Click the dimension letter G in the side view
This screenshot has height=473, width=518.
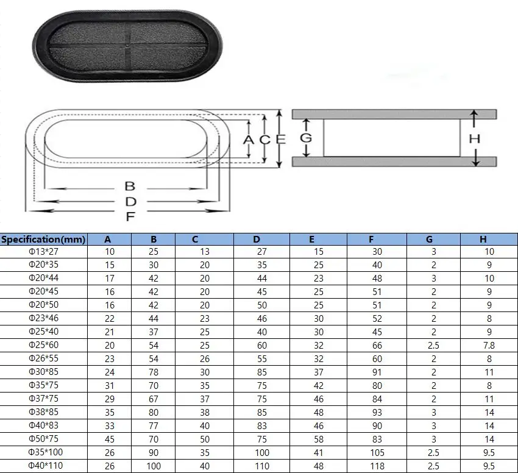pos(306,138)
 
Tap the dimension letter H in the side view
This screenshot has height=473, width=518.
pos(475,138)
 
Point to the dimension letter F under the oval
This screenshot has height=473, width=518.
pos(129,216)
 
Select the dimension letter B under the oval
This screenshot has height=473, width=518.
pos(129,186)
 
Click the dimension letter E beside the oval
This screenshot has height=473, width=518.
pos(280,140)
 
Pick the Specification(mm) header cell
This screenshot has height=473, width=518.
pos(44,239)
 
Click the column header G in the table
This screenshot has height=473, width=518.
pos(430,239)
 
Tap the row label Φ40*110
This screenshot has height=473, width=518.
pos(44,466)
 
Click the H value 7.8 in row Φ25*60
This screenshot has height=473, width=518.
pos(489,346)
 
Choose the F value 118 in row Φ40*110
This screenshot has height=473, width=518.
pos(377,466)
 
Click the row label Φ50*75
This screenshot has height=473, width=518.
pos(44,439)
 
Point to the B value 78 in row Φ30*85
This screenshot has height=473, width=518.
pos(154,372)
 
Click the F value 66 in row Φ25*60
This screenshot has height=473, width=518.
pos(377,346)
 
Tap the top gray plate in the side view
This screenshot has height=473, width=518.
pos(394,114)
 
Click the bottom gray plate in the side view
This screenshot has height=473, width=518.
pos(394,162)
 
